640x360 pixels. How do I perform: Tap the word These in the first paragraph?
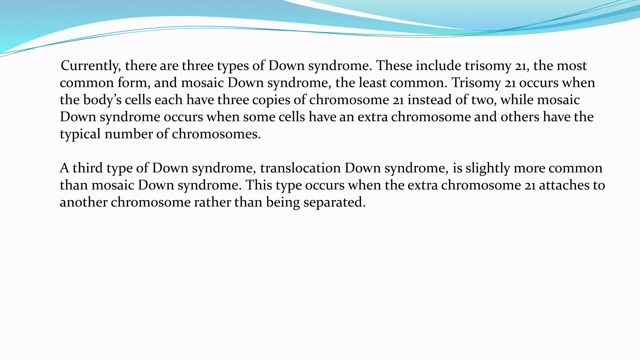(x=394, y=66)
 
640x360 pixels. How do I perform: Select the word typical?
(x=80, y=134)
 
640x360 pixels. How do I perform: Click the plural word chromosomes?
(x=216, y=134)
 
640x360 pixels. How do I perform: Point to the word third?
(x=87, y=168)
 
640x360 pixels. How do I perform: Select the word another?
(x=83, y=202)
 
